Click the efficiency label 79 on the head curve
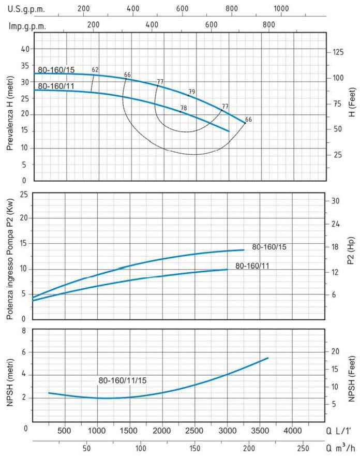coord(192,92)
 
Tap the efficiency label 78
coord(183,108)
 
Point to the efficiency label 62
coord(95,69)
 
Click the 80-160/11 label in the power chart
coord(252,266)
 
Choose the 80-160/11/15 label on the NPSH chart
coord(123,380)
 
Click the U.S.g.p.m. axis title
coord(26,8)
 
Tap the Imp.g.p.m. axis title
coord(27,25)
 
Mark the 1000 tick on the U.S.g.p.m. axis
coord(281,8)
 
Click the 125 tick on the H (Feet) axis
coord(338,52)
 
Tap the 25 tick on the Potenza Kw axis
coord(23,194)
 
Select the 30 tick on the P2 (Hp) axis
coord(335,201)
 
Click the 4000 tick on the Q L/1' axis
coord(293,431)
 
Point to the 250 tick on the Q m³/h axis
coord(304,448)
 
